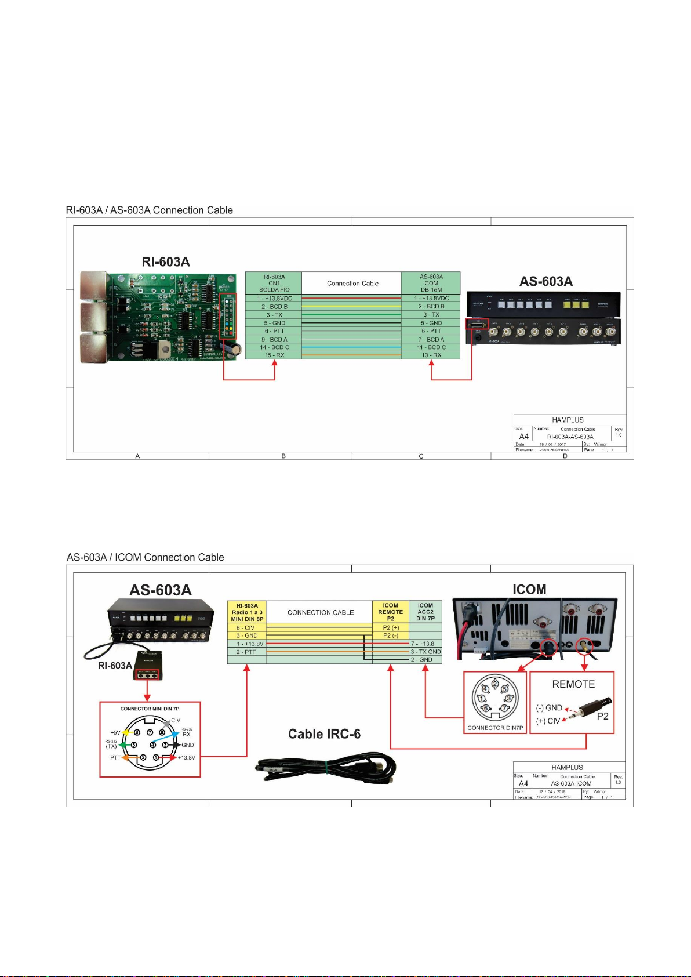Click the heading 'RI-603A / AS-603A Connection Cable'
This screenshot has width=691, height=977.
tap(150, 210)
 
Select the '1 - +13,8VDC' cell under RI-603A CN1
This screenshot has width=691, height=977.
tap(274, 299)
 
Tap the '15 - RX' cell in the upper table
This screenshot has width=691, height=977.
tap(274, 355)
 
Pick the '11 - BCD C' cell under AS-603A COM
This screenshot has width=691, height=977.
tap(431, 347)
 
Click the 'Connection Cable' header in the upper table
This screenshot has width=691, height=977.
tap(352, 284)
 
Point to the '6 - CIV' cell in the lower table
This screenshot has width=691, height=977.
tap(245, 628)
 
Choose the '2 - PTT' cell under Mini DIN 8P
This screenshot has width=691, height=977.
tap(245, 652)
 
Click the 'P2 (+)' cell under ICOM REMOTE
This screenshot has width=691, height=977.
tap(391, 628)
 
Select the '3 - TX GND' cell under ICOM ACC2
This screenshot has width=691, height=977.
tap(425, 652)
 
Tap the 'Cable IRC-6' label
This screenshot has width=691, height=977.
tap(324, 734)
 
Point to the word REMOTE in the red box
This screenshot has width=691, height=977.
tap(573, 684)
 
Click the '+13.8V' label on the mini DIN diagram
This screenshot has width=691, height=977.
tap(186, 758)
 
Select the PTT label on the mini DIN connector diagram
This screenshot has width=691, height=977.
tap(115, 758)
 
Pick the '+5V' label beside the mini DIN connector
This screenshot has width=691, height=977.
tap(115, 733)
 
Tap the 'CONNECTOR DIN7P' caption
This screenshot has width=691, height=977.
tap(495, 728)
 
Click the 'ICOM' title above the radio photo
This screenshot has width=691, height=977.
tap(529, 590)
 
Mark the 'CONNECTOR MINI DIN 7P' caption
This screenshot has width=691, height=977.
tap(150, 709)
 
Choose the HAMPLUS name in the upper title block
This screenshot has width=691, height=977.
tap(568, 420)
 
